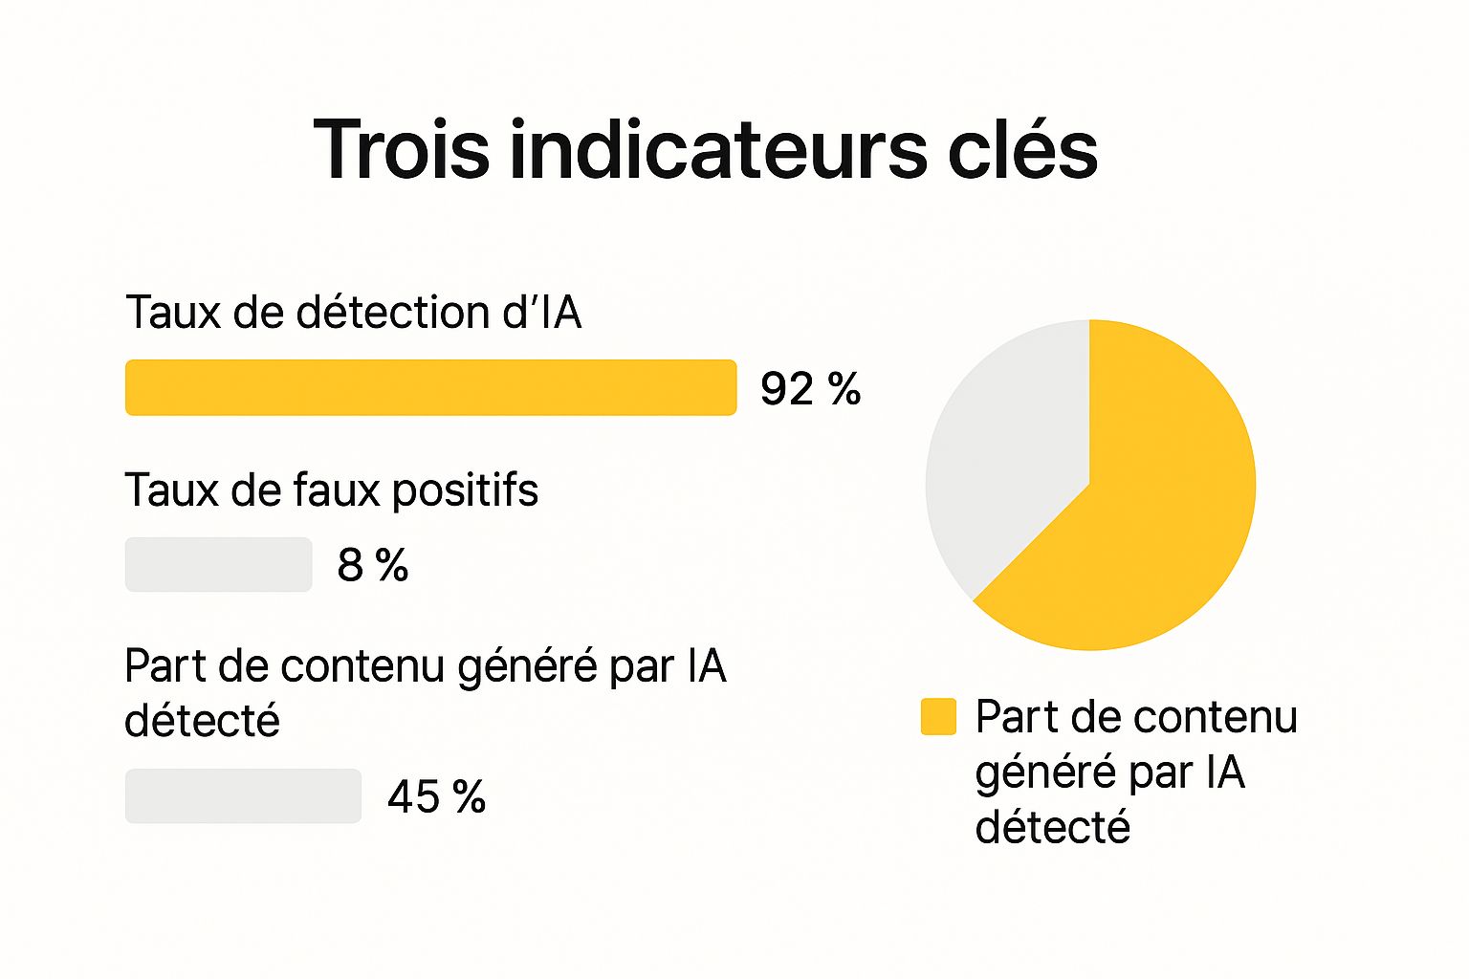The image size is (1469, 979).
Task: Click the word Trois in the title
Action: click(x=402, y=149)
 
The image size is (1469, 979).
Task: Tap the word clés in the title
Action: click(x=1022, y=149)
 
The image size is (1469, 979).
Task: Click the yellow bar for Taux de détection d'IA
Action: click(x=430, y=387)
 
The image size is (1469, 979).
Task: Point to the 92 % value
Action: click(x=810, y=389)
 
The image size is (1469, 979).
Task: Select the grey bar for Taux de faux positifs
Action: click(x=218, y=564)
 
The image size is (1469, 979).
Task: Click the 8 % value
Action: click(x=373, y=565)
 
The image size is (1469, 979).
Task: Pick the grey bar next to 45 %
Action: click(x=243, y=795)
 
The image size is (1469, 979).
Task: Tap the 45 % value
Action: click(x=436, y=796)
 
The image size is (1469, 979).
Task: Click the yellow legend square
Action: click(x=938, y=716)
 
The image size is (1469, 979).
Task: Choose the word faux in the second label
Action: click(x=336, y=490)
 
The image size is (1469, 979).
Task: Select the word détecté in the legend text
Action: click(x=1052, y=827)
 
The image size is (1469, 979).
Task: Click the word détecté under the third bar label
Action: click(x=202, y=721)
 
